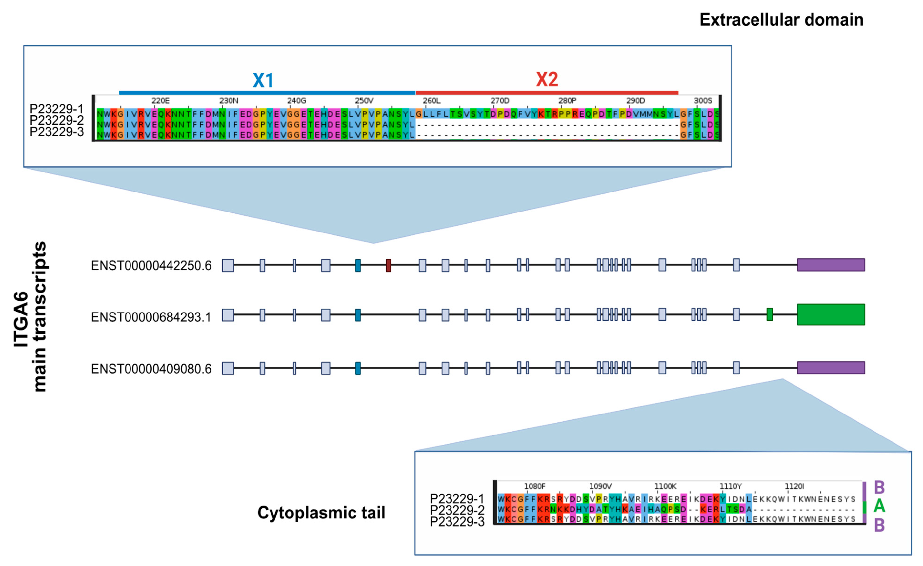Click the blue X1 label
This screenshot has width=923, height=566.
263,80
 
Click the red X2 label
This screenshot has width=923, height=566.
547,79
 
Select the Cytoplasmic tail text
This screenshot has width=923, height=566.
321,513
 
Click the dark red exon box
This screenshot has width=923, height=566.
389,265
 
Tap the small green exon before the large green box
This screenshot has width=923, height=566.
770,314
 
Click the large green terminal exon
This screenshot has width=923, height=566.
831,314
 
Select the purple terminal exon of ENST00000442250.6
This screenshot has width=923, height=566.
831,265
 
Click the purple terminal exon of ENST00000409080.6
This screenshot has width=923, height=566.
831,368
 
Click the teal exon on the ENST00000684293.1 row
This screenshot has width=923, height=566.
358,315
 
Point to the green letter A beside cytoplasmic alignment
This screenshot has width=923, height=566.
879,506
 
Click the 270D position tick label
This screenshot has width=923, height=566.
500,101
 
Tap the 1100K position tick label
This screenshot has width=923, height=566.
665,486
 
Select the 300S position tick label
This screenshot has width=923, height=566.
703,101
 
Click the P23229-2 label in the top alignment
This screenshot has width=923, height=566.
57,121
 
